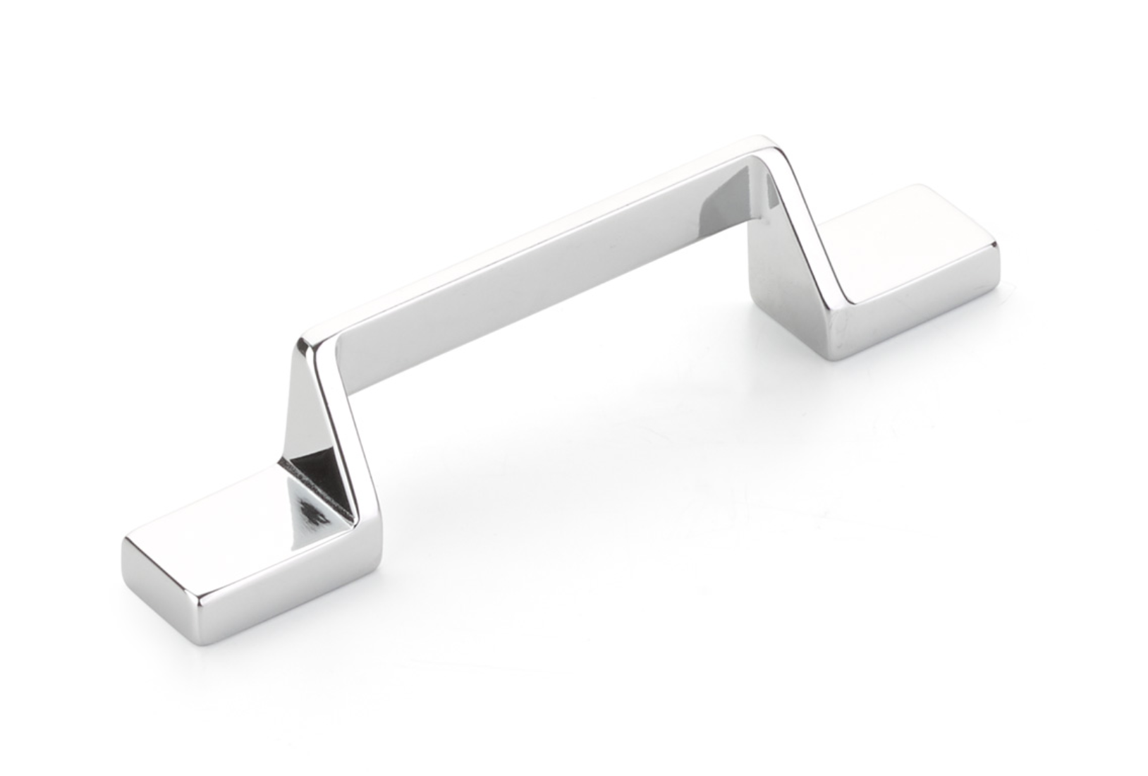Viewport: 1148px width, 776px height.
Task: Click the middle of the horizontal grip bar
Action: (x=550, y=268)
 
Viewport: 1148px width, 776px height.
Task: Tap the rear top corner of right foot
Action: (x=917, y=188)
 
